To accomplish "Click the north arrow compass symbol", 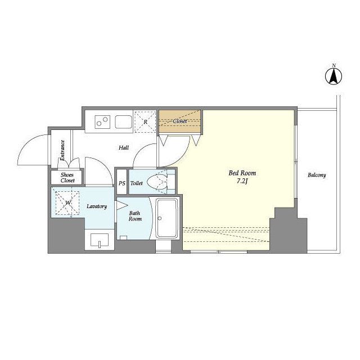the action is [x=334, y=76].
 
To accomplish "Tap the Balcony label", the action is [x=317, y=175].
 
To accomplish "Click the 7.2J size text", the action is [x=242, y=182].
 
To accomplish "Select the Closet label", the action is [x=180, y=121].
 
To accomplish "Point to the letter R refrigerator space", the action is [x=145, y=122].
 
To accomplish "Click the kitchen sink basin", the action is [x=124, y=121].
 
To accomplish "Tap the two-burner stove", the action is [x=102, y=122].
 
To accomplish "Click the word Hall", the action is [x=124, y=147].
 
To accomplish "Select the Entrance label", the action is [x=62, y=150].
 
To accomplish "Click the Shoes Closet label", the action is [x=67, y=178].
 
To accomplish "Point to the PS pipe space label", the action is [x=122, y=183].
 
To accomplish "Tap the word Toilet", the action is [x=136, y=183].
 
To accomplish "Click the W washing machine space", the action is [x=67, y=203].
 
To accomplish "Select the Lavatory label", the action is [x=97, y=206].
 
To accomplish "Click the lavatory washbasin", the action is [x=100, y=240].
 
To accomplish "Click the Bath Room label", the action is [x=135, y=216].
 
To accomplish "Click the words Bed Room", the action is [x=242, y=173].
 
